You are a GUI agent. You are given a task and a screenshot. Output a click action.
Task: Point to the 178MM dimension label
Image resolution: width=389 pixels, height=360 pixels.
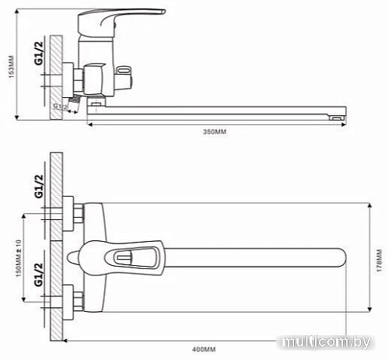(380, 260)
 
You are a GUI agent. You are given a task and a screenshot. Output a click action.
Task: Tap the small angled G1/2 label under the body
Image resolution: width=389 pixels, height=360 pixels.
(60, 106)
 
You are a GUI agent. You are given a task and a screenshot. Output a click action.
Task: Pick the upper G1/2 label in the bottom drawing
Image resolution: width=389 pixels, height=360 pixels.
(37, 187)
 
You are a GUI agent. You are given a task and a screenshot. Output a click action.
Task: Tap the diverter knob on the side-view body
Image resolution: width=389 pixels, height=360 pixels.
(124, 75)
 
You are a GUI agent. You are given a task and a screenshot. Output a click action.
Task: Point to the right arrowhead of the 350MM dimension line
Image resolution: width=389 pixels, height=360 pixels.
(342, 123)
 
